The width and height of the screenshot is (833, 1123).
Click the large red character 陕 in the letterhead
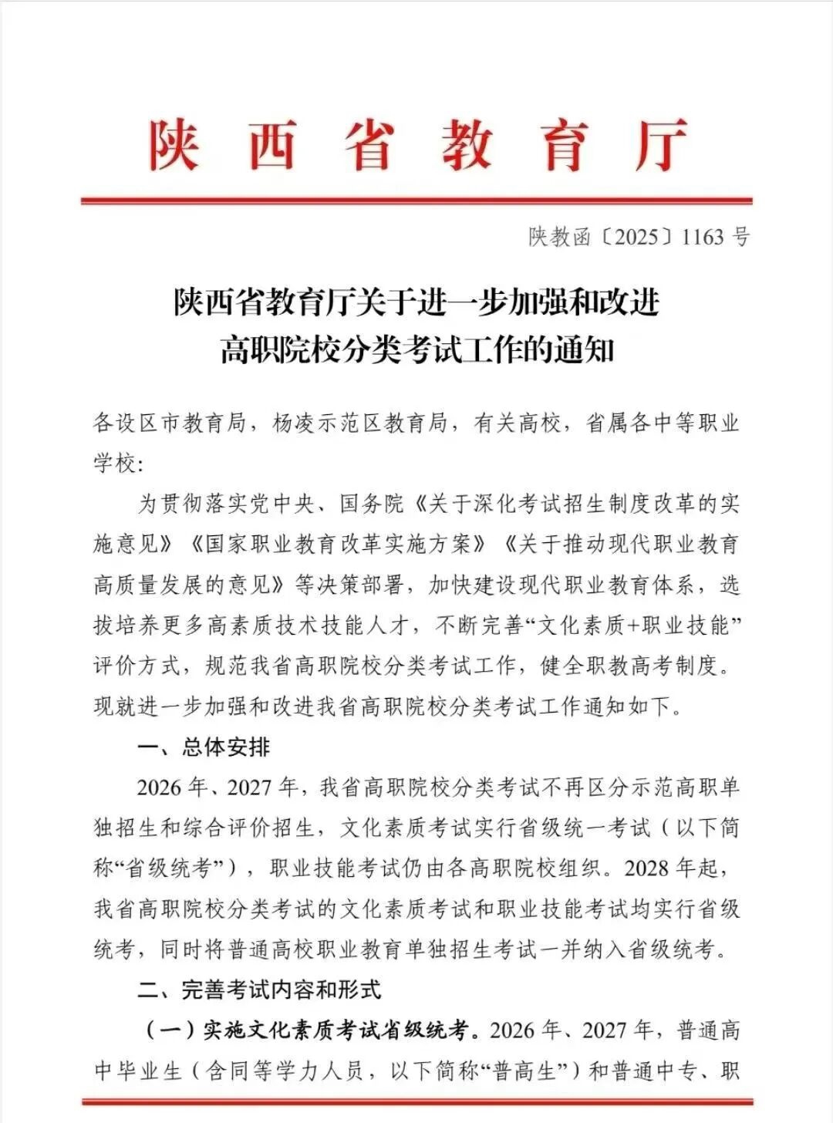[x=174, y=146]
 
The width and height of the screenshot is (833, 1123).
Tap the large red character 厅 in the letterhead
[x=661, y=146]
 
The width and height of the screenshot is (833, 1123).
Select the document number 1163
[x=703, y=237]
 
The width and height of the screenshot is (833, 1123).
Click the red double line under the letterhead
[x=416, y=201]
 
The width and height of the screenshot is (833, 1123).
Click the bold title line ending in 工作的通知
[x=416, y=349]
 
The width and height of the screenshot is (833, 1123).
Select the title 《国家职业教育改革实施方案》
[x=338, y=545]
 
